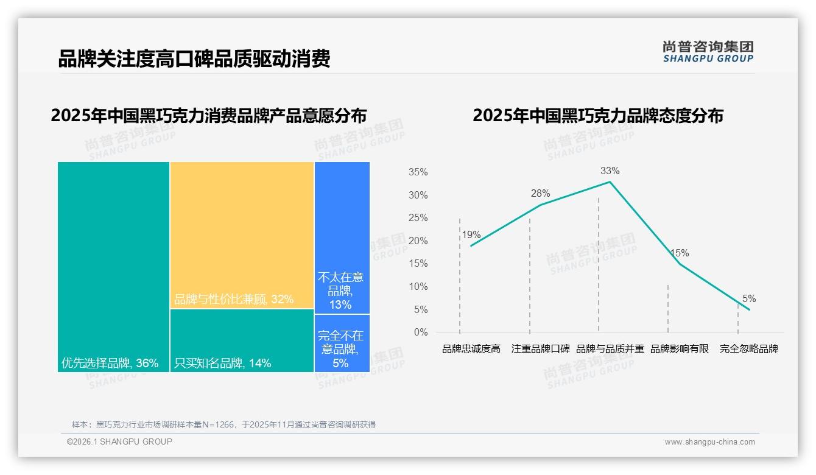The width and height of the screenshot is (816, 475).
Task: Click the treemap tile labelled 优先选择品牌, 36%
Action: pyautogui.click(x=113, y=267)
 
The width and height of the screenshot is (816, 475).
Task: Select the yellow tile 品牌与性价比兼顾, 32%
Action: pyautogui.click(x=242, y=235)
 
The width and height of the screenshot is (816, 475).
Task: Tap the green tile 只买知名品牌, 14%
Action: pyautogui.click(x=242, y=340)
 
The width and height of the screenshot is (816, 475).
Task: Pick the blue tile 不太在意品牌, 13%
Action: pyautogui.click(x=342, y=237)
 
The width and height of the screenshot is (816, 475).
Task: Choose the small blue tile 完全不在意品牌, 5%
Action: pyautogui.click(x=342, y=343)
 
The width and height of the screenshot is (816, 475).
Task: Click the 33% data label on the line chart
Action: pyautogui.click(x=610, y=171)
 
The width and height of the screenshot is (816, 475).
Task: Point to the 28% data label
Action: pyautogui.click(x=540, y=194)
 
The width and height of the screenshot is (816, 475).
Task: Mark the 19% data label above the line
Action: pyautogui.click(x=471, y=235)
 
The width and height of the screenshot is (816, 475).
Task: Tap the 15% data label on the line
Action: pyautogui.click(x=679, y=253)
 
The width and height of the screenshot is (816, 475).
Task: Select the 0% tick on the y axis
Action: pyautogui.click(x=421, y=332)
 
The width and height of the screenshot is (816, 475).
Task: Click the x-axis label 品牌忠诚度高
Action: pyautogui.click(x=471, y=349)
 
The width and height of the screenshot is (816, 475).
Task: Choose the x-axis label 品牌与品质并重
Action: pyautogui.click(x=610, y=349)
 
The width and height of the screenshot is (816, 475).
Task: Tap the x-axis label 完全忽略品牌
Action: pyautogui.click(x=749, y=349)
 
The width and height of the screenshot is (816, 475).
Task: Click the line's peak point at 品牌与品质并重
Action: pyautogui.click(x=610, y=181)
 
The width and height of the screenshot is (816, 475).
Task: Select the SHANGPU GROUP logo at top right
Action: pyautogui.click(x=708, y=52)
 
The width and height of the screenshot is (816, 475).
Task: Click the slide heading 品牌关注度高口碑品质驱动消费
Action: pyautogui.click(x=194, y=59)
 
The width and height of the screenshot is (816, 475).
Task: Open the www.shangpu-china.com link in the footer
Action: pyautogui.click(x=709, y=442)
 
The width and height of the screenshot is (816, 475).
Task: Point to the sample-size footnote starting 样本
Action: pyautogui.click(x=223, y=424)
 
